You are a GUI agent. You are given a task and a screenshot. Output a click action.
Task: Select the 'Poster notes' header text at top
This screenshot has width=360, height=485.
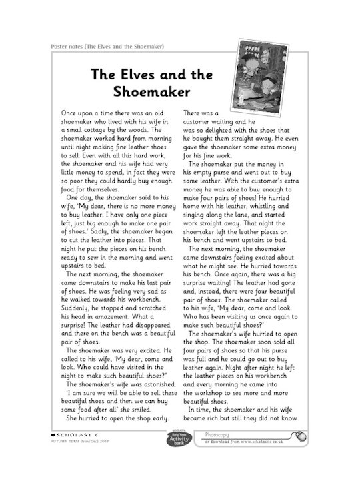click(x=107, y=46)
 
